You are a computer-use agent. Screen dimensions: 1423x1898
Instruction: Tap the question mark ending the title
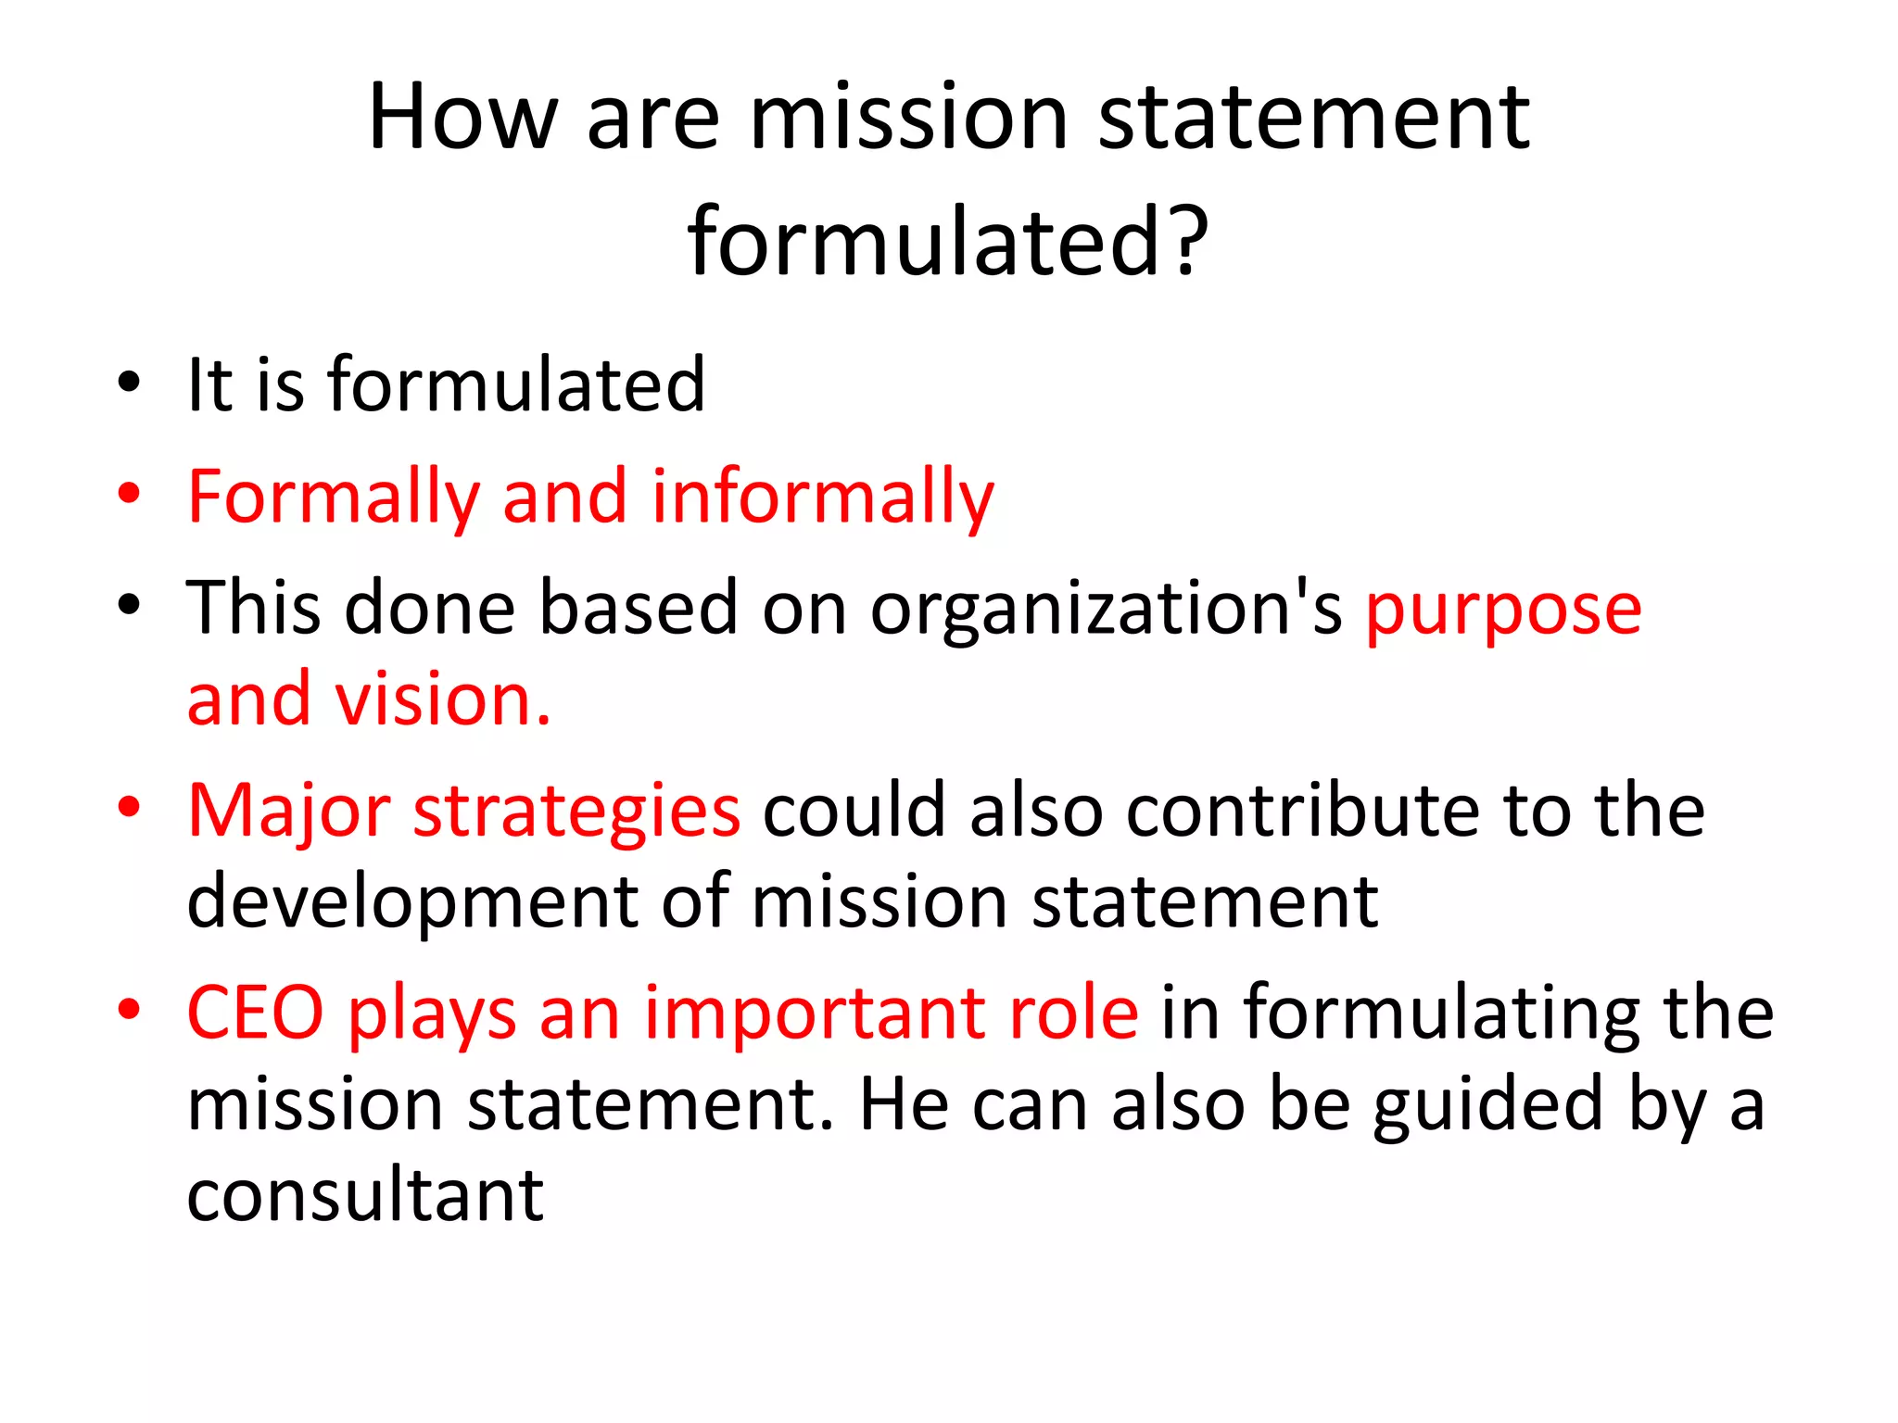point(1188,243)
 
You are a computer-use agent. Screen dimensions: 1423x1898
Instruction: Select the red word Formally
point(333,498)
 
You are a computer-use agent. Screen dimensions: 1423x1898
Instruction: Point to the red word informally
point(822,498)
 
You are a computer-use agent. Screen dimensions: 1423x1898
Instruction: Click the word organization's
point(1106,609)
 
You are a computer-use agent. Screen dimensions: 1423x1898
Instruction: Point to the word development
point(412,903)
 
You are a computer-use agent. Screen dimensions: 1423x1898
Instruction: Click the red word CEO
point(255,1013)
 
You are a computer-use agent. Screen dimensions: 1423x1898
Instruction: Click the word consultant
point(365,1195)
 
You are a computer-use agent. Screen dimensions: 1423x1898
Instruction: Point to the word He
point(904,1104)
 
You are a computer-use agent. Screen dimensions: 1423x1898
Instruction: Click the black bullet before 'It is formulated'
point(129,383)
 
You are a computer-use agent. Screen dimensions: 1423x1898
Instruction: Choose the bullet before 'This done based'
point(129,605)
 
